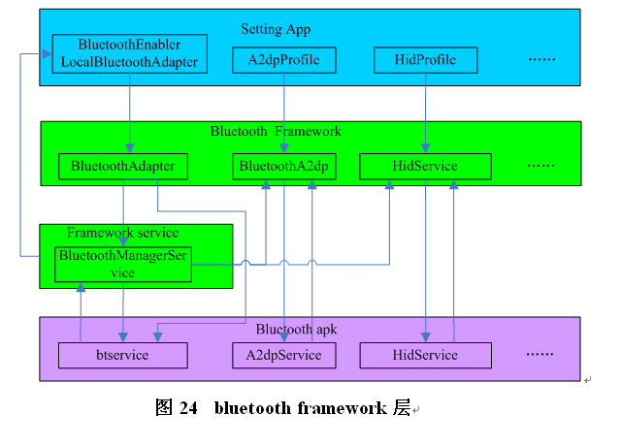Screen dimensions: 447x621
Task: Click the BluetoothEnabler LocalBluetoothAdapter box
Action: click(x=129, y=53)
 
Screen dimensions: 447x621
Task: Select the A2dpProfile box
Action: click(x=283, y=60)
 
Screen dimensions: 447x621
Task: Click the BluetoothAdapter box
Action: click(x=123, y=167)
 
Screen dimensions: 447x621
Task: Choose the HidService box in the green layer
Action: click(x=425, y=167)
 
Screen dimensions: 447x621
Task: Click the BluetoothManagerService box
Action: click(x=123, y=264)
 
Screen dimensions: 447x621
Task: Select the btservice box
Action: click(x=123, y=355)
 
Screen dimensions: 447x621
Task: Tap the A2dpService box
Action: click(x=283, y=355)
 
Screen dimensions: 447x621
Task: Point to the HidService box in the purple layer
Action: click(x=425, y=355)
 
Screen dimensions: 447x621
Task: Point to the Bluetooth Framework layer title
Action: click(x=277, y=131)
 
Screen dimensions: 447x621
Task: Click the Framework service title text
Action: click(x=123, y=233)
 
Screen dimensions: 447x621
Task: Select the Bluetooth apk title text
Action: click(x=296, y=330)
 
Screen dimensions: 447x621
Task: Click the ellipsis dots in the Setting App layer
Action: click(x=541, y=60)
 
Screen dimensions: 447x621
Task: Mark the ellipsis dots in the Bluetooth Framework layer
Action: click(x=540, y=167)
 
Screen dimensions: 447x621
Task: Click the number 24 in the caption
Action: click(x=189, y=408)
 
